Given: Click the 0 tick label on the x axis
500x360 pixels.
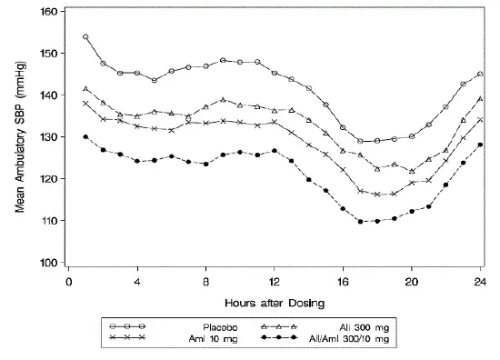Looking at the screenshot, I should coord(69,282).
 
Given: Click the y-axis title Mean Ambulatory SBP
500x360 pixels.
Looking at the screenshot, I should coord(20,136).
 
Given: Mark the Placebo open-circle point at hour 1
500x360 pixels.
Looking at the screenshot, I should coord(86,37).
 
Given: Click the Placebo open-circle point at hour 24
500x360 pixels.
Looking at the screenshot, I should coord(479,75).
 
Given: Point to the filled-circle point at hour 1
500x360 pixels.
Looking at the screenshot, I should coord(86,137).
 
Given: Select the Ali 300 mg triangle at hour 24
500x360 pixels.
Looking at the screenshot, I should coord(479,99).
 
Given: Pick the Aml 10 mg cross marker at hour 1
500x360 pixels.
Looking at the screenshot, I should coord(86,104).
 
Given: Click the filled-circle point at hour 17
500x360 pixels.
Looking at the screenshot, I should coord(360,222).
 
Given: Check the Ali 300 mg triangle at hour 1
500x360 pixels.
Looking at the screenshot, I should coord(86,89).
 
